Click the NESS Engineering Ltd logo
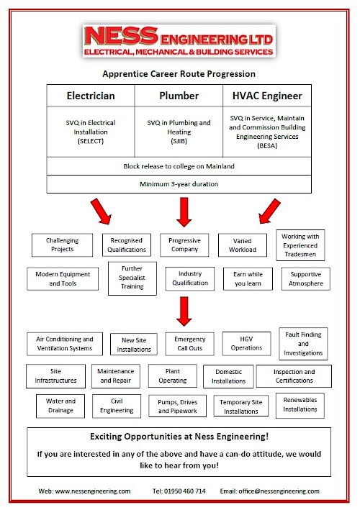tap(179, 41)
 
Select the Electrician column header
tap(91, 96)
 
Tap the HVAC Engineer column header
tap(267, 96)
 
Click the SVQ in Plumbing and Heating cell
tap(179, 132)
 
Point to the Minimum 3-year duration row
tap(179, 184)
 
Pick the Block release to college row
tap(179, 166)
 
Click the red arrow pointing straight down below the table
tap(184, 212)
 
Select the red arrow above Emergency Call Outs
tap(184, 311)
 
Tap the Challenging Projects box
tap(62, 245)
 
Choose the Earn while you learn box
tap(248, 279)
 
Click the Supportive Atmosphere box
tap(306, 279)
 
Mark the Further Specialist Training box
tap(132, 278)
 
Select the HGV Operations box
tap(246, 343)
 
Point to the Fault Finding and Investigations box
tap(303, 343)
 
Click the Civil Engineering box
tap(117, 406)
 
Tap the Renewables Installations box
tap(300, 405)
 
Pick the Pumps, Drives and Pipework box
tap(177, 406)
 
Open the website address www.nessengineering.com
tap(93, 491)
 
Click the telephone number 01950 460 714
tap(185, 491)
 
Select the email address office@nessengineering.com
tap(279, 491)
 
